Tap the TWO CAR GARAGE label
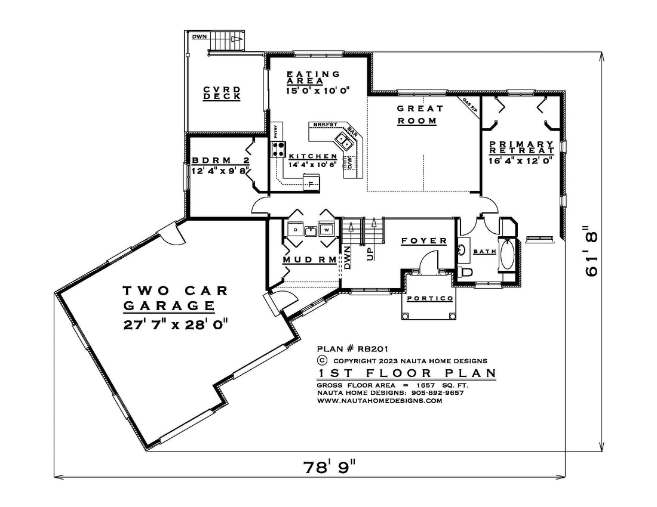point(176,298)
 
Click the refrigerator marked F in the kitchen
point(312,182)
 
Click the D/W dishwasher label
point(351,162)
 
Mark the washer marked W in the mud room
point(327,229)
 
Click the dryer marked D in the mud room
point(295,229)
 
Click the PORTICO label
point(429,299)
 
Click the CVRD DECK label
point(222,93)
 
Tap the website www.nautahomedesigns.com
point(379,401)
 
